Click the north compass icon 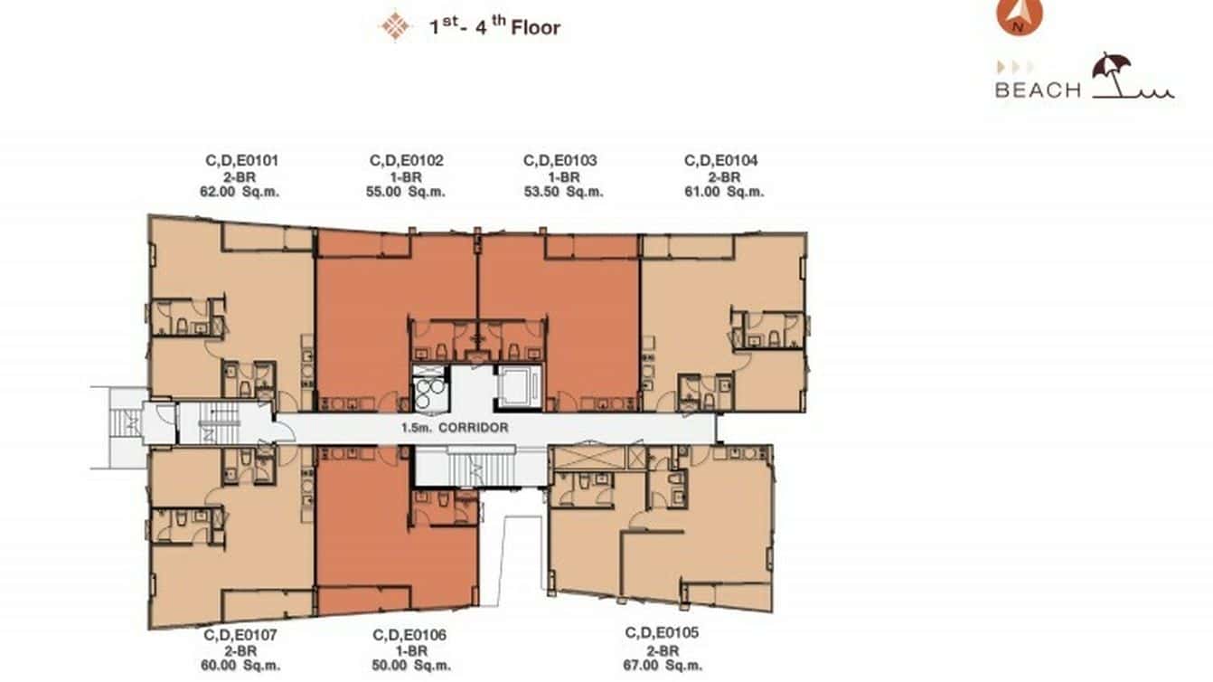click(x=1020, y=15)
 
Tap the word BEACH click(x=1038, y=90)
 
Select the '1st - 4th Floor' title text click(x=494, y=27)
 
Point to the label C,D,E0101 click(x=241, y=161)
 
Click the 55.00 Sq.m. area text click(x=407, y=192)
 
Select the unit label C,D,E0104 click(x=721, y=161)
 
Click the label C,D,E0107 click(x=241, y=635)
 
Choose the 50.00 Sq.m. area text click(x=409, y=666)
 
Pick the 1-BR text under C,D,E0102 click(x=407, y=176)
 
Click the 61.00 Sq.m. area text click(x=721, y=192)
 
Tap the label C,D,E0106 click(x=409, y=635)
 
